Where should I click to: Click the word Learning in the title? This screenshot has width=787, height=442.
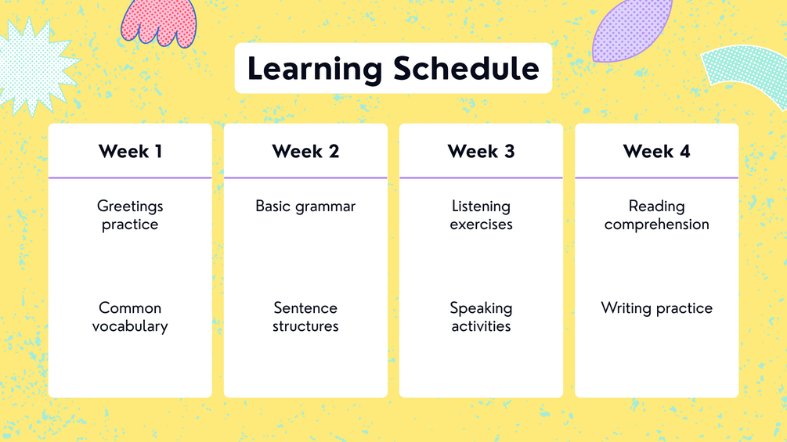tap(315, 69)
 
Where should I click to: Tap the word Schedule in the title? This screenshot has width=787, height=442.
tap(466, 68)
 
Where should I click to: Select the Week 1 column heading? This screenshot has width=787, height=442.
tap(130, 151)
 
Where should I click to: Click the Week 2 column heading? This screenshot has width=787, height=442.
tap(305, 151)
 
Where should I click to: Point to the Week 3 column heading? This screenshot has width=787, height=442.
tap(482, 151)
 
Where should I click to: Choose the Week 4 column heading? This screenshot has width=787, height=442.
tap(656, 151)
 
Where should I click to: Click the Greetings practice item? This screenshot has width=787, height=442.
tap(130, 215)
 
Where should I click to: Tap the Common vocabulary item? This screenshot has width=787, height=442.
tap(130, 317)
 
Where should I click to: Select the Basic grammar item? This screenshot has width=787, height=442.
tap(305, 207)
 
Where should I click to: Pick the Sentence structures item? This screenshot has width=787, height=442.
tap(305, 317)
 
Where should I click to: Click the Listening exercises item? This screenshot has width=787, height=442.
tap(482, 215)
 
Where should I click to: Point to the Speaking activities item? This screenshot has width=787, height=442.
tap(482, 317)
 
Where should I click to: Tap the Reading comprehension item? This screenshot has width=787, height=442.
tap(656, 215)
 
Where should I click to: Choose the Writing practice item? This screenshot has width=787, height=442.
tap(656, 308)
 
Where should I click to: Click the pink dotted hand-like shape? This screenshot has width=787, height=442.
tap(159, 23)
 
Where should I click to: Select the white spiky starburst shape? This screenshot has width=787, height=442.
tap(34, 65)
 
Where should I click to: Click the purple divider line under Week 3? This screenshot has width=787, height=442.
tap(482, 178)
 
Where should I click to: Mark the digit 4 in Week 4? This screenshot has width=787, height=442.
tap(684, 151)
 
